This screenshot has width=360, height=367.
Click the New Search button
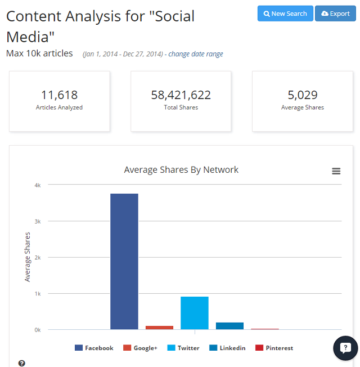pos(285,14)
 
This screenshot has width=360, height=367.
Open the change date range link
pos(196,54)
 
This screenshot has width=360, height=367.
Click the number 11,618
pos(59,95)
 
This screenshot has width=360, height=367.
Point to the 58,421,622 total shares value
pos(181,95)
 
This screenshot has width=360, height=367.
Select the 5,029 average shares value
pos(302,95)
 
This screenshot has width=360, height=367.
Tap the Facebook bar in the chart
pos(124,262)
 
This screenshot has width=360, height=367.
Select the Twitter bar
pos(194,313)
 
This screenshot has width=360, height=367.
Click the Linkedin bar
pos(229,326)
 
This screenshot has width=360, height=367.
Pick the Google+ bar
pos(159,327)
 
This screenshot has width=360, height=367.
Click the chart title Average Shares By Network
pos(181,169)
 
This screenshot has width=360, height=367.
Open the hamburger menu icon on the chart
pos(336,171)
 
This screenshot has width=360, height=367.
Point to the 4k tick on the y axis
pos(37,185)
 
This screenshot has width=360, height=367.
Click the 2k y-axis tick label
pos(37,257)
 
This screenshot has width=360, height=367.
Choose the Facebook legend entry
pos(94,348)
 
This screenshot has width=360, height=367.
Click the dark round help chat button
pos(345,348)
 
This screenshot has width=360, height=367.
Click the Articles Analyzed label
pos(59,108)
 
